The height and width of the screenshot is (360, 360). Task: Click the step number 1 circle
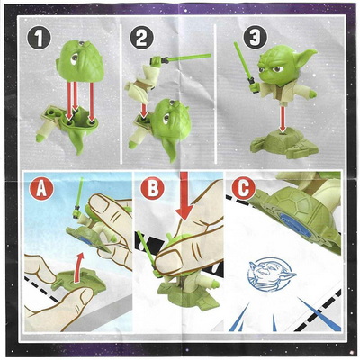point(39,38)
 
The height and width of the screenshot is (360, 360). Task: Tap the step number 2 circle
point(141,38)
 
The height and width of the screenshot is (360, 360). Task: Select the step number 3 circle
point(255,38)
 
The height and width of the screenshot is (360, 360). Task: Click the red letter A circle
point(41,189)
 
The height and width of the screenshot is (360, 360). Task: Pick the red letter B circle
point(152,188)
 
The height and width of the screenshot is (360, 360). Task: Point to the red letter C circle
point(244,188)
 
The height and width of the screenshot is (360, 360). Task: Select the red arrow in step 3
point(282,120)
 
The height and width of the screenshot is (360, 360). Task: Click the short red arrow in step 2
point(144,111)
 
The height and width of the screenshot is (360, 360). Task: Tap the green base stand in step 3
point(283,143)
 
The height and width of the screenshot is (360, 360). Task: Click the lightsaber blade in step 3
point(241,60)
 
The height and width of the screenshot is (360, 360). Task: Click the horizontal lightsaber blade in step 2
point(189,58)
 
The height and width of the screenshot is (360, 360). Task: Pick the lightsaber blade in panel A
point(80,192)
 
